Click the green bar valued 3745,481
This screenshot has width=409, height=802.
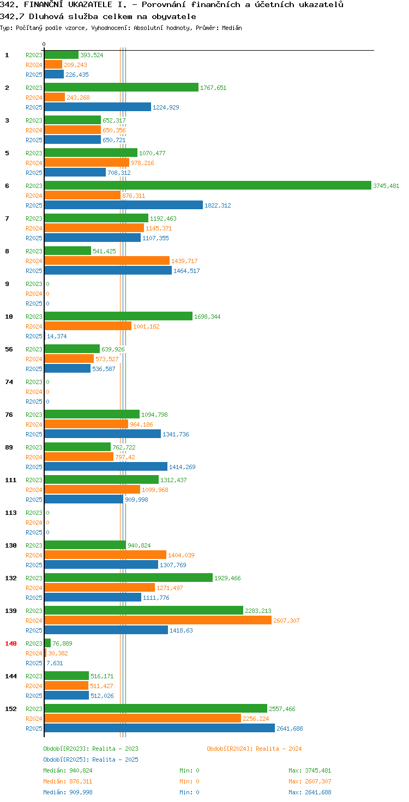208,185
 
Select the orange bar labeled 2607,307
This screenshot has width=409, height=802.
158,620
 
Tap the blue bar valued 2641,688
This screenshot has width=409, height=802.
160,728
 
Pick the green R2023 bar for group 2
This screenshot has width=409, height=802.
122,87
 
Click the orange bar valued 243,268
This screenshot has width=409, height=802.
55,97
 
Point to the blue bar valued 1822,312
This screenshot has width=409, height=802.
124,205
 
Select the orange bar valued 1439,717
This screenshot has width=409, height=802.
107,260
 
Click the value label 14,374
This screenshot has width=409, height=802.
57,336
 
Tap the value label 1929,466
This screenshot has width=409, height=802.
227,578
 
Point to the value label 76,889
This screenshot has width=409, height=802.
62,643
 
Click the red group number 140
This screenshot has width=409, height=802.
11,643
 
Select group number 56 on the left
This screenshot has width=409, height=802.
9,349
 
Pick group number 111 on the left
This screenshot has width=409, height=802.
11,480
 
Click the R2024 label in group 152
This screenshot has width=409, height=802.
34,719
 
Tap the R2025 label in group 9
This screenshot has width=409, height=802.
34,303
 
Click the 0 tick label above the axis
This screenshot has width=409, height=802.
44,44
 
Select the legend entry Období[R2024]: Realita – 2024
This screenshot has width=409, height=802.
254,749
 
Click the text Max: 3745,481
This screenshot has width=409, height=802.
310,770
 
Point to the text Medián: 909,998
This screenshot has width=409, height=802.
68,792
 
